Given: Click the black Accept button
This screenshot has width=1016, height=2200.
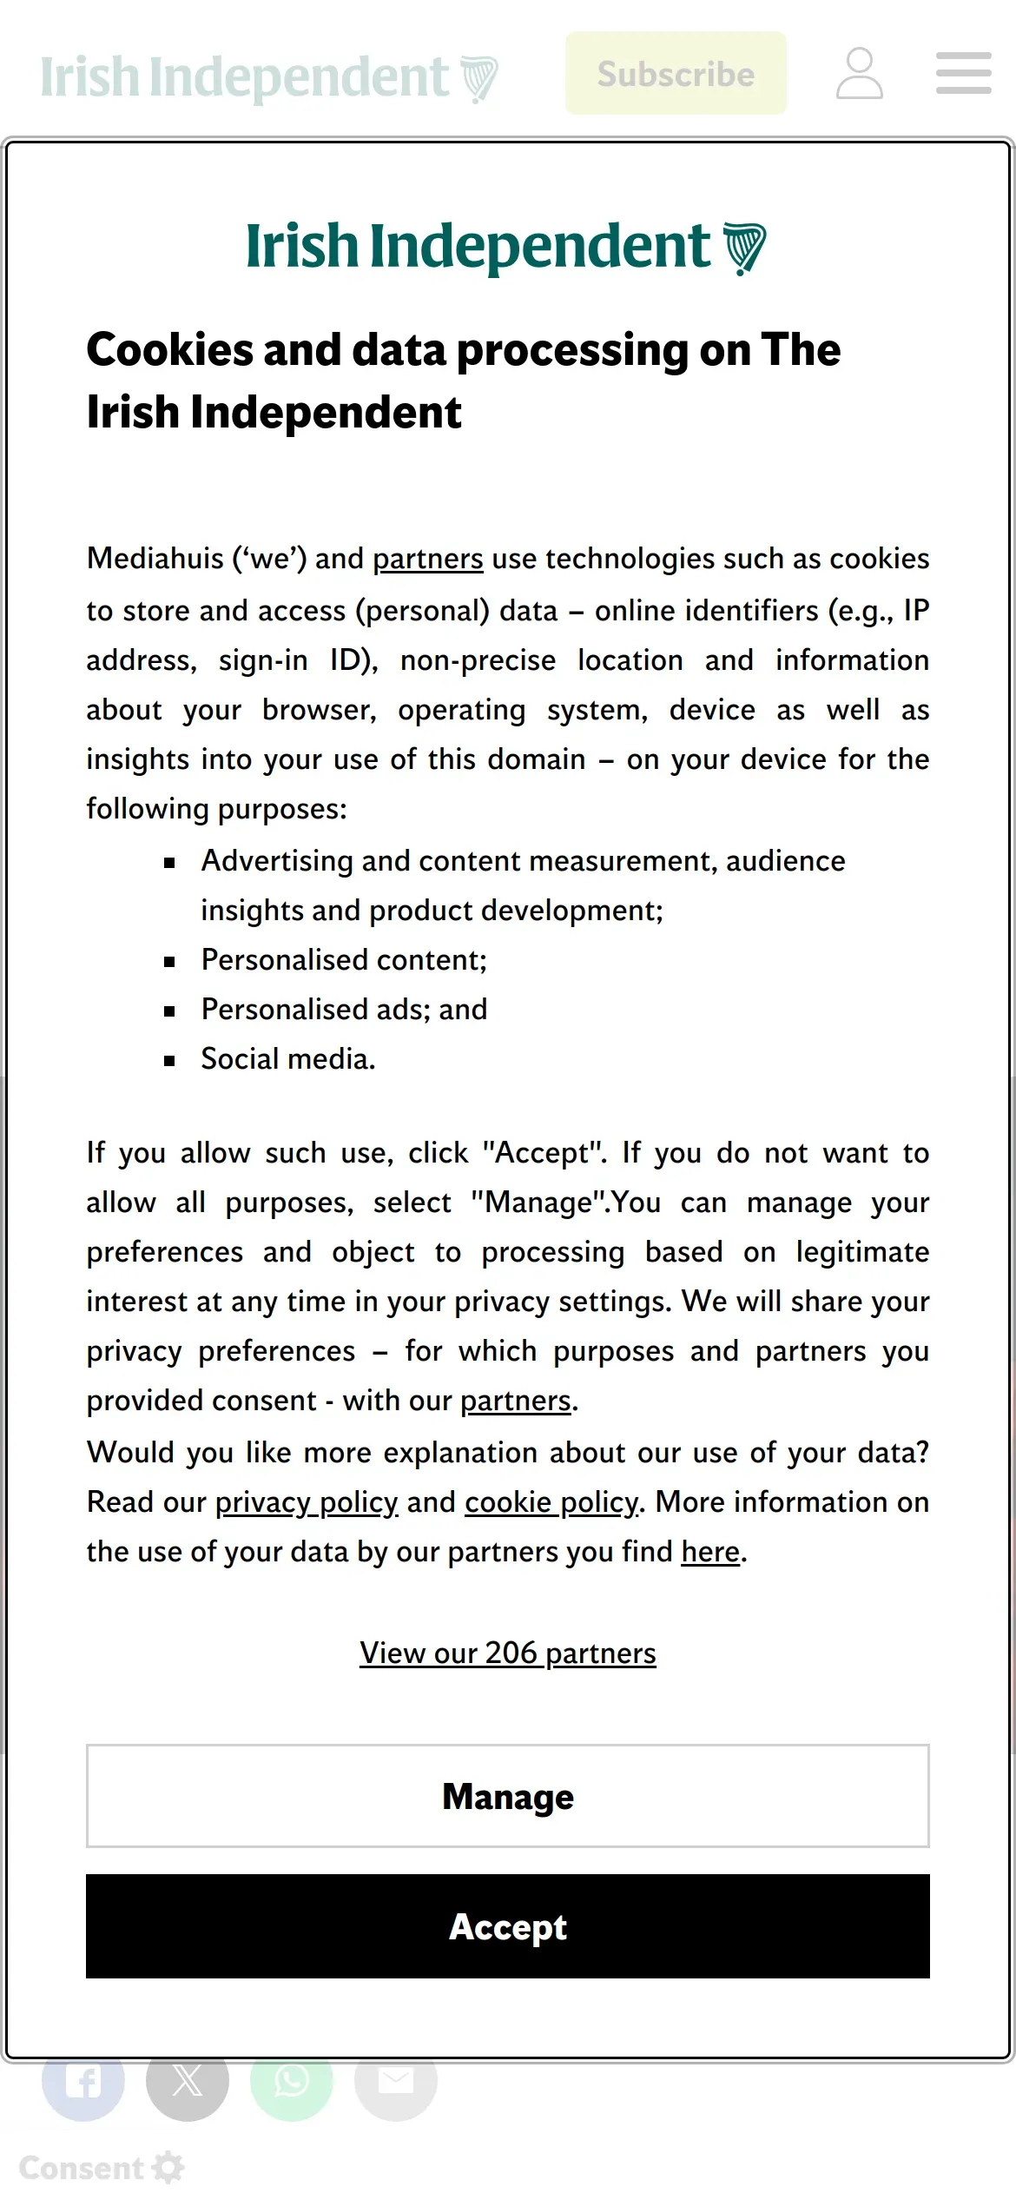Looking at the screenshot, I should tap(508, 1926).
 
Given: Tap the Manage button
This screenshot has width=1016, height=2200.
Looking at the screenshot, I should tap(508, 1796).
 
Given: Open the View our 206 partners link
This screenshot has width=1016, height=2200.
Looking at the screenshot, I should tap(508, 1653).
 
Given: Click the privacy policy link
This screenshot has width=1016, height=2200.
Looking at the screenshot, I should tap(307, 1502).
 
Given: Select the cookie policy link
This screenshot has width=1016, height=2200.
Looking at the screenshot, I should tap(551, 1502).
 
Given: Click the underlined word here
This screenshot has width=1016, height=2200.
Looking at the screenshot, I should tap(710, 1552).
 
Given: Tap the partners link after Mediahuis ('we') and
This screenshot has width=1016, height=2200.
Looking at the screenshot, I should tap(428, 559).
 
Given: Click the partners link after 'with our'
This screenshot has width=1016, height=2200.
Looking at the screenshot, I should tap(516, 1401).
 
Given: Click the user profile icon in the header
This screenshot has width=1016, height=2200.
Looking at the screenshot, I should tap(860, 74).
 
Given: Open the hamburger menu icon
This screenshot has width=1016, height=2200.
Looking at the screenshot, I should tap(964, 73).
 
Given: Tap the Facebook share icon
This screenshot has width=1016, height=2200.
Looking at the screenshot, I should tap(83, 2081).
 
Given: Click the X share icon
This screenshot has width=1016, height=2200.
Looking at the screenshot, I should tap(188, 2081).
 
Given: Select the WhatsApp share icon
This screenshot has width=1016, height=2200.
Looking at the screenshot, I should tap(292, 2081).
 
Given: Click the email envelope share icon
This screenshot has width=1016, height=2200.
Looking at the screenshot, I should tap(396, 2081).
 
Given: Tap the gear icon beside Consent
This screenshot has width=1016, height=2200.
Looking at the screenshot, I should tap(168, 2168).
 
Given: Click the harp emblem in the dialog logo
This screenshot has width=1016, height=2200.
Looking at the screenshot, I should tap(745, 248).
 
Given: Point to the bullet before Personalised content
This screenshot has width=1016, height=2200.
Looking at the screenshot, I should tap(170, 962).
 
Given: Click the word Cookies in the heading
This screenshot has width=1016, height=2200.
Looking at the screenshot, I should tap(169, 350).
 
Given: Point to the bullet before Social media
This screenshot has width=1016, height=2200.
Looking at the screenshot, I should tap(170, 1061).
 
